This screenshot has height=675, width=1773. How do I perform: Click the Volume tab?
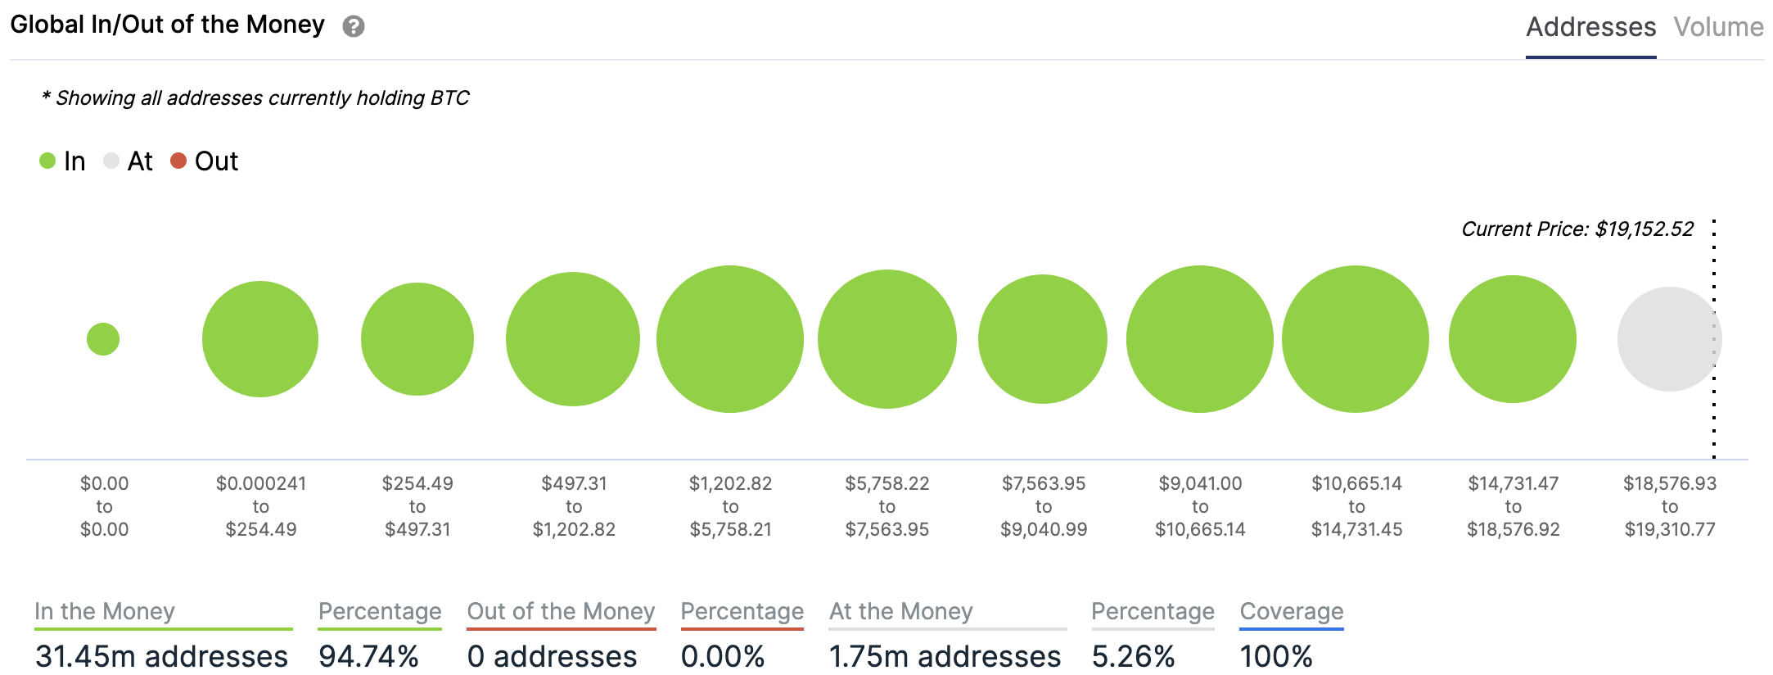point(1718,27)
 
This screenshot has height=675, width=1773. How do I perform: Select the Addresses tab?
point(1590,27)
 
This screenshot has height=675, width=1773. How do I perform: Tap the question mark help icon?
point(353,26)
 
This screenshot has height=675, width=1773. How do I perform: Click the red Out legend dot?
point(178,161)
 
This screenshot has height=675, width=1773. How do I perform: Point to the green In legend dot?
point(47,161)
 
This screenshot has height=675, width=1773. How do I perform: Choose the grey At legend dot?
point(111,161)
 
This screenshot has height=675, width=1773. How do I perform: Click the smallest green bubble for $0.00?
point(103,339)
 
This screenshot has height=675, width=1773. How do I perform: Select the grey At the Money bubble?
point(1669,339)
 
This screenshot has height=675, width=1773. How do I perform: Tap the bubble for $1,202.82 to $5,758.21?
point(730,339)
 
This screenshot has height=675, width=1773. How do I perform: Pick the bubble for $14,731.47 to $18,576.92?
point(1513,339)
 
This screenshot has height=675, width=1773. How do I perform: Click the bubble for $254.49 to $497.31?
point(417,339)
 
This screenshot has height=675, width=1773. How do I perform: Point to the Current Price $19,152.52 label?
point(1577,229)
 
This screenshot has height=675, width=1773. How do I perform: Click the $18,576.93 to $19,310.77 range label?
point(1670,506)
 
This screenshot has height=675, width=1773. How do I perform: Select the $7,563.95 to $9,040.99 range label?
point(1044,506)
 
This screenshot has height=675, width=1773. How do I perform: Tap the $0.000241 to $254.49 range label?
point(261,506)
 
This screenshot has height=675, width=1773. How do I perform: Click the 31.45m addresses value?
point(161,656)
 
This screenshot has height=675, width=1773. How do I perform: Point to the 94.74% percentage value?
point(368,656)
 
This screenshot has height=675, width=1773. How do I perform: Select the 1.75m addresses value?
point(945,656)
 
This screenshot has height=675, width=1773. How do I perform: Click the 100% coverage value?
point(1276,656)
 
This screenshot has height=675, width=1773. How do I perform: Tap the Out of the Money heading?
point(561,611)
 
